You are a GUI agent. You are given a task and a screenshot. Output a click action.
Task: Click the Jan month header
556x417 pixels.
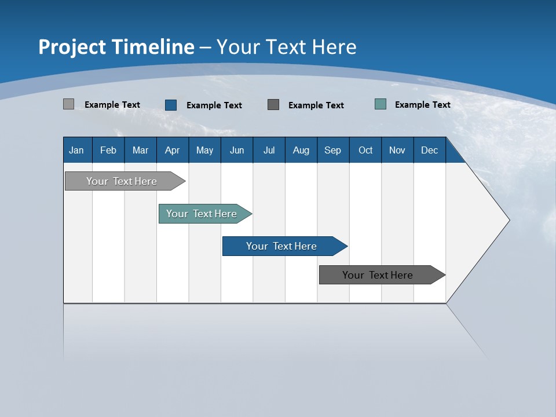click(x=76, y=150)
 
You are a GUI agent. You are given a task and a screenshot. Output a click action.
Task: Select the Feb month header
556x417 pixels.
click(x=108, y=150)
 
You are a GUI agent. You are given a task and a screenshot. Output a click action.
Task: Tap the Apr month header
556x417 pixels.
click(x=172, y=150)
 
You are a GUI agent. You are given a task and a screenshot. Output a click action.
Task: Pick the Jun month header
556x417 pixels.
click(x=237, y=150)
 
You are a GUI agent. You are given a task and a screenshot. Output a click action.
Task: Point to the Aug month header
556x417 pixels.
click(x=301, y=150)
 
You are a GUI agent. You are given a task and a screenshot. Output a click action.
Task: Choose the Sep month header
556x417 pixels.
click(x=332, y=150)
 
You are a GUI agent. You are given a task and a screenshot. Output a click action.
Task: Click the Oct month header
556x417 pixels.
click(x=365, y=150)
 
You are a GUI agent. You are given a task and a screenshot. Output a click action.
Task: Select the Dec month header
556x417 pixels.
click(x=429, y=150)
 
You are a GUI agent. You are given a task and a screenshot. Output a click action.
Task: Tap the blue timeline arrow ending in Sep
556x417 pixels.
click(x=283, y=246)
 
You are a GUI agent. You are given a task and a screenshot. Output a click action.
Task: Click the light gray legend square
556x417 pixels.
click(x=68, y=104)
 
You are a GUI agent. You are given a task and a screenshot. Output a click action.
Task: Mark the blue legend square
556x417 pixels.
click(x=171, y=105)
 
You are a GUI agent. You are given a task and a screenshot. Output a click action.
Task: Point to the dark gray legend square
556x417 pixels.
click(x=273, y=104)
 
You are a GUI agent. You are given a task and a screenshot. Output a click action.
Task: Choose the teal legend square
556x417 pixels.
click(x=381, y=104)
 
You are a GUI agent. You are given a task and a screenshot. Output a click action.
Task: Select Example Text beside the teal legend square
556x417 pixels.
click(x=422, y=105)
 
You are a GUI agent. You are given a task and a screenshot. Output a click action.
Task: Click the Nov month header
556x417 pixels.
click(x=397, y=150)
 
